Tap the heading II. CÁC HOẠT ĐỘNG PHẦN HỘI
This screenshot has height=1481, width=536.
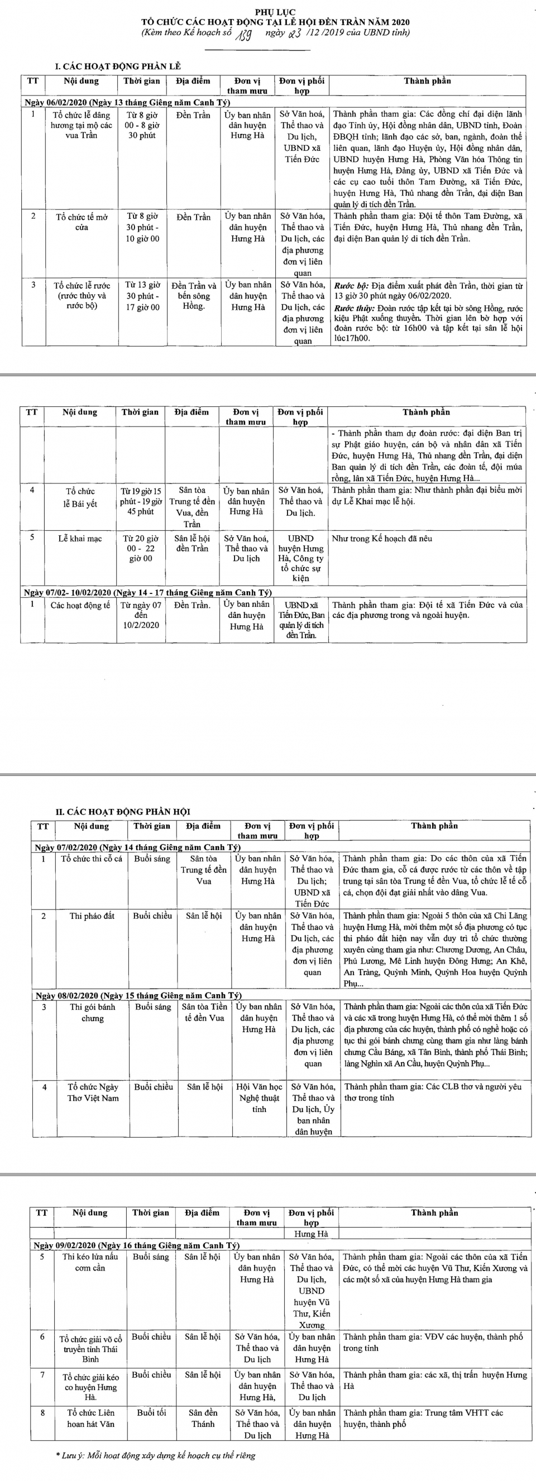point(122,811)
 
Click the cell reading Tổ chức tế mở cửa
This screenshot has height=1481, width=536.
point(82,222)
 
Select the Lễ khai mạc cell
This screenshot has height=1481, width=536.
point(80,539)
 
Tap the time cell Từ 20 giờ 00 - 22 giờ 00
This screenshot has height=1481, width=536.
point(140,549)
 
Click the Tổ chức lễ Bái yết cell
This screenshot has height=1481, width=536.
point(80,497)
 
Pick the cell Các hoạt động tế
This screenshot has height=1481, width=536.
point(80,605)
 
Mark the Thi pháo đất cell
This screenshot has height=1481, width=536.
point(92,916)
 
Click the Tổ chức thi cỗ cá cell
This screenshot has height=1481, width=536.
point(92,859)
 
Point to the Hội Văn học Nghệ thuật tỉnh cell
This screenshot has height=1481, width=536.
point(260,1097)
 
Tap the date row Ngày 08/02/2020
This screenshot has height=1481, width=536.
point(138,995)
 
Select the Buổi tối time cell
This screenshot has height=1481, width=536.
point(151,1412)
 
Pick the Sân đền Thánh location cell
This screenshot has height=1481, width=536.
point(203,1418)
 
